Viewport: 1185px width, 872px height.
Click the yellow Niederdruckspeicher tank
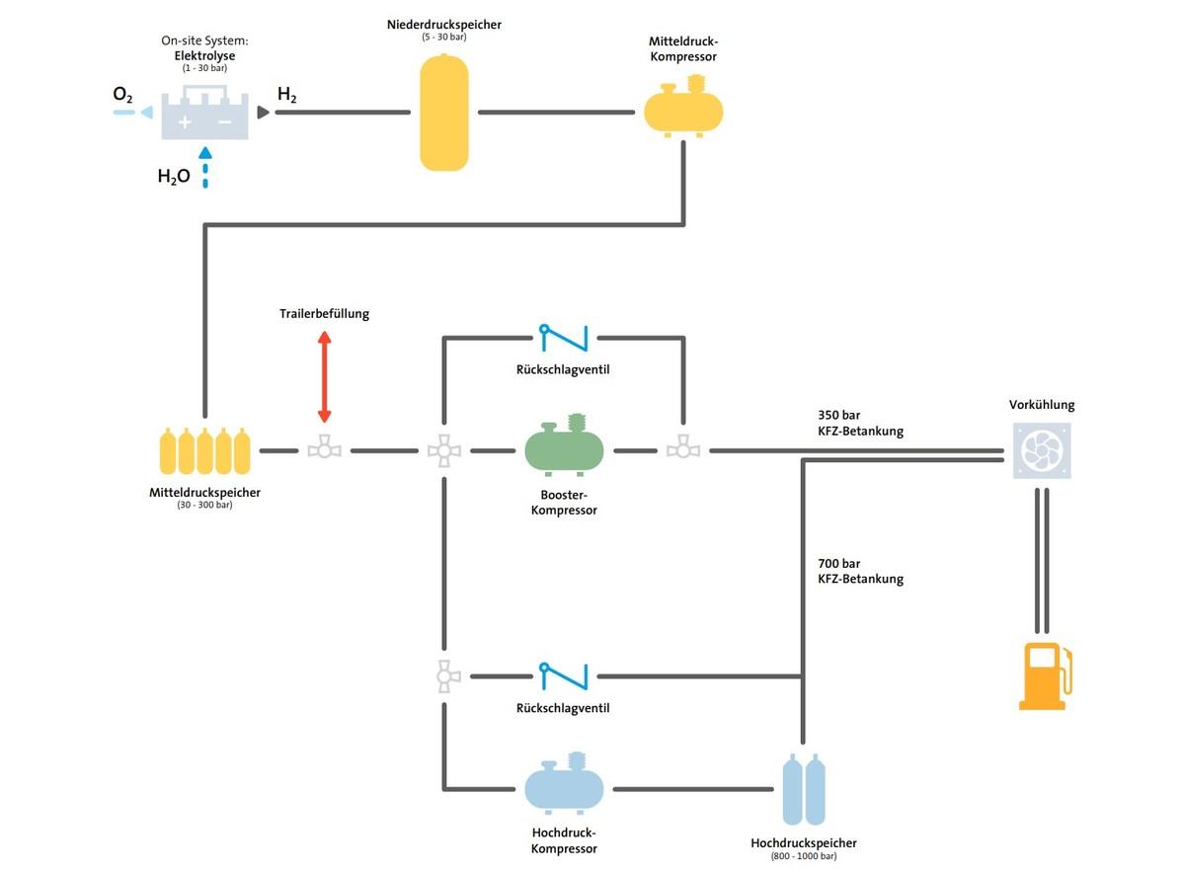tap(443, 113)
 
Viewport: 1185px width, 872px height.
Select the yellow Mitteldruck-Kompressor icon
tap(682, 109)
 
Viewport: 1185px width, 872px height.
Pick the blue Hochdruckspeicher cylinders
tap(804, 789)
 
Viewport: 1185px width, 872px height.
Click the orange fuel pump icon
tap(1044, 675)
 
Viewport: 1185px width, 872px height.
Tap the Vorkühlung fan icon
tap(1042, 451)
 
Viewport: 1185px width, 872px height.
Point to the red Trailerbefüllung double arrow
tap(324, 377)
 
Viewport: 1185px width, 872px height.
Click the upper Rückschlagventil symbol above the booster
tap(564, 338)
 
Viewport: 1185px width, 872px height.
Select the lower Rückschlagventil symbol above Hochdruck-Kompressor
tap(564, 676)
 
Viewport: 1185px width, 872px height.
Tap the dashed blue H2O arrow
tap(204, 168)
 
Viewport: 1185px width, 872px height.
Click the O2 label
tap(122, 95)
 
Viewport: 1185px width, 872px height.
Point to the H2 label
tap(286, 95)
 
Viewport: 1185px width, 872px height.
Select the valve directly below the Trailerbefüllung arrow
tap(324, 450)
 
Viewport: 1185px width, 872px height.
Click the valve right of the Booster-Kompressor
tap(682, 450)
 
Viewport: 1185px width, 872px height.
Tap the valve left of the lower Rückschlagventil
tap(443, 676)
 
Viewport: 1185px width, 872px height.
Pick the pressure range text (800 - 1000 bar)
tap(803, 856)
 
